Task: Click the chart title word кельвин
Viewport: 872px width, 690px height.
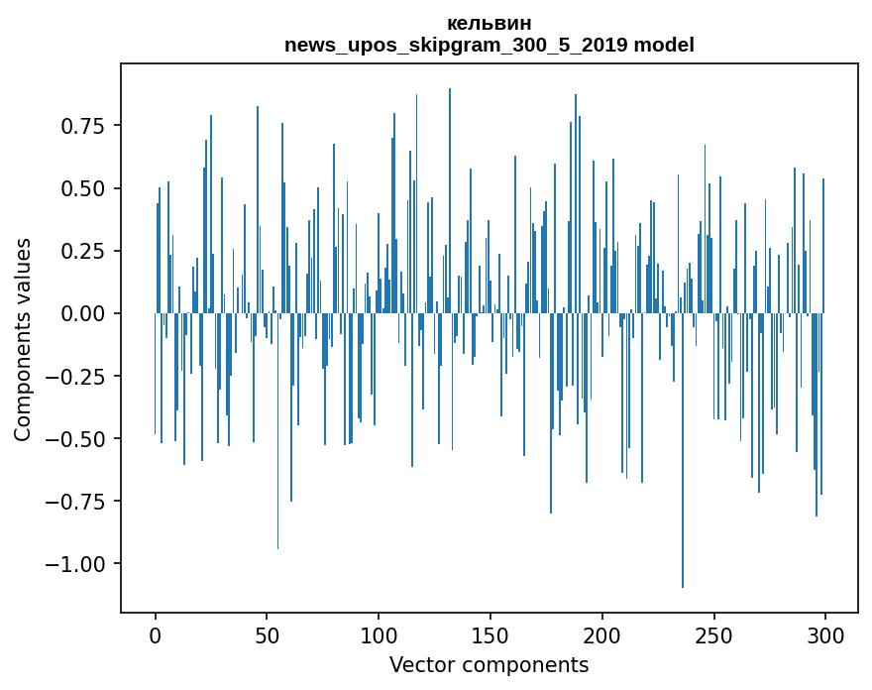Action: tap(489, 24)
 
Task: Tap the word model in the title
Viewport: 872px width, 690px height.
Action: tap(664, 46)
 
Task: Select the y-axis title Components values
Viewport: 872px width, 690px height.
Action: tap(23, 339)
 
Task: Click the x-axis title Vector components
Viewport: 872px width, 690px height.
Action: tap(489, 665)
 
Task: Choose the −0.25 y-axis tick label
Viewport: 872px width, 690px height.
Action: tap(79, 376)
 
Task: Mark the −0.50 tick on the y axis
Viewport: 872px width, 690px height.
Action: tap(79, 438)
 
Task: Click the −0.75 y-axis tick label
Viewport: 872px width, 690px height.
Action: tap(79, 501)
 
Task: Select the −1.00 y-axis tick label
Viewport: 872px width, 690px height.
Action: tap(79, 563)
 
